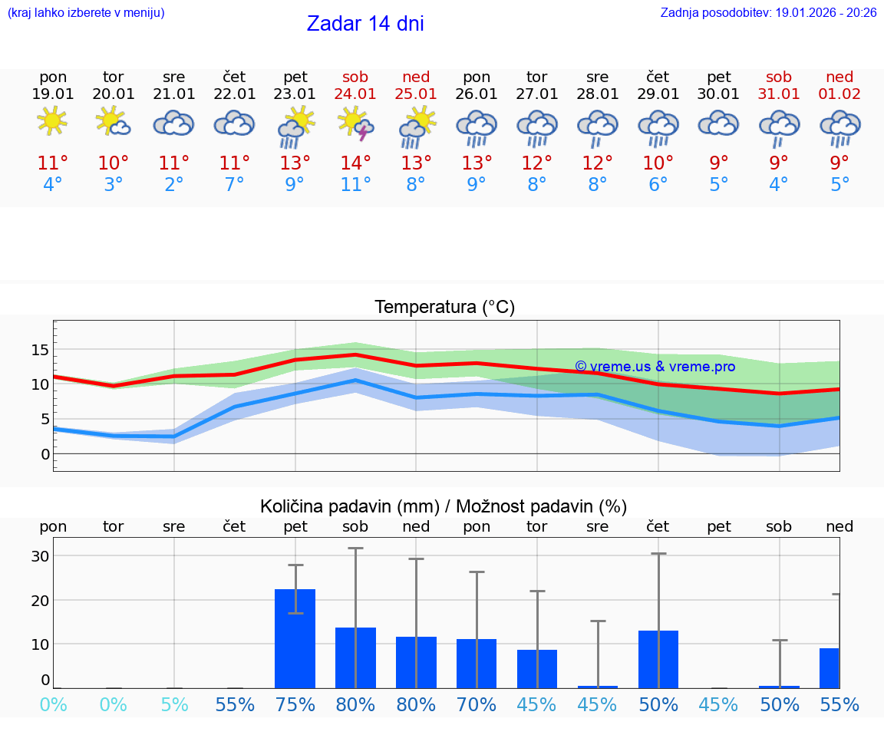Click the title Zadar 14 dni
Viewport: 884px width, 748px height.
pyautogui.click(x=365, y=24)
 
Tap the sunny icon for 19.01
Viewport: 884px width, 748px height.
pyautogui.click(x=52, y=121)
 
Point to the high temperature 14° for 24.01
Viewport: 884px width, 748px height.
pyautogui.click(x=355, y=163)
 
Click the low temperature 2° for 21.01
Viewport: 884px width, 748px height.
pyautogui.click(x=174, y=185)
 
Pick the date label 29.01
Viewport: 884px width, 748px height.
pyautogui.click(x=658, y=94)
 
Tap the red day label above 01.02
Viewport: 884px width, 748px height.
pyautogui.click(x=839, y=77)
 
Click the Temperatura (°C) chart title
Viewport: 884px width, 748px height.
pyautogui.click(x=444, y=308)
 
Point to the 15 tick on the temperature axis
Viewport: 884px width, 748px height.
pyautogui.click(x=40, y=350)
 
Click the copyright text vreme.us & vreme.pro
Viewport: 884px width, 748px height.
pyautogui.click(x=655, y=367)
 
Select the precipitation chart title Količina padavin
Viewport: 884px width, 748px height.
pyautogui.click(x=444, y=506)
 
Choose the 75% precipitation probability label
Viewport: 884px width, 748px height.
pyautogui.click(x=295, y=704)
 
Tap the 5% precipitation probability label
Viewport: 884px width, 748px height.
pyautogui.click(x=174, y=704)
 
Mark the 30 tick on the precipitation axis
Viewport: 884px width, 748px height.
pyautogui.click(x=40, y=556)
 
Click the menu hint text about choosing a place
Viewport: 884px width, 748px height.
pyautogui.click(x=85, y=13)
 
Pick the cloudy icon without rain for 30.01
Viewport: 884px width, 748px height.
pyautogui.click(x=718, y=123)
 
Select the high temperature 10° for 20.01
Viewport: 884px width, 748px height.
pyautogui.click(x=113, y=163)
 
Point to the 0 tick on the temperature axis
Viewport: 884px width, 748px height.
pyautogui.click(x=45, y=454)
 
